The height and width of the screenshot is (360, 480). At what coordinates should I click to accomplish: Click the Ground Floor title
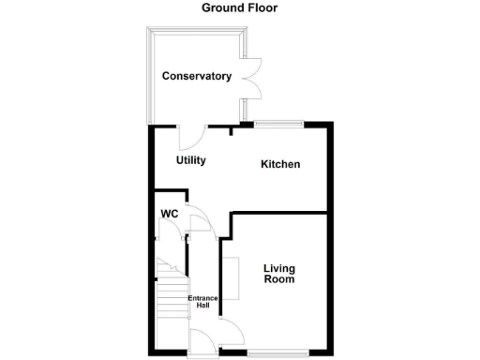click(240, 8)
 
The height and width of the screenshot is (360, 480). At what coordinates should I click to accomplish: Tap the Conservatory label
click(196, 76)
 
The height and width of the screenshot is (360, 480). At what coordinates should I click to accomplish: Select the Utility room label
click(191, 160)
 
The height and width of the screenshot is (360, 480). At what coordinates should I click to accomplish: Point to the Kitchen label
click(280, 164)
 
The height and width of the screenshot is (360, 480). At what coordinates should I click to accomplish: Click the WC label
click(170, 214)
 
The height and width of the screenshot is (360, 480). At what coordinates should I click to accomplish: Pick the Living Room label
click(279, 273)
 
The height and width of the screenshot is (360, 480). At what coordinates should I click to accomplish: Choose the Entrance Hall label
click(203, 303)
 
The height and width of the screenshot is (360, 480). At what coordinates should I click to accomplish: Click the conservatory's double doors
click(250, 77)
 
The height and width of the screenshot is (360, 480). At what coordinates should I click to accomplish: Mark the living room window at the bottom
click(278, 352)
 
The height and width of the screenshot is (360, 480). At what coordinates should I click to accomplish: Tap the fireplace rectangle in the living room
click(230, 277)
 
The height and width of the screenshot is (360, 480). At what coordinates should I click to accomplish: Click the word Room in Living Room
click(279, 279)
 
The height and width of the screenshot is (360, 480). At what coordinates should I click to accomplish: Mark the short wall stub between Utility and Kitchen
click(232, 130)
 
